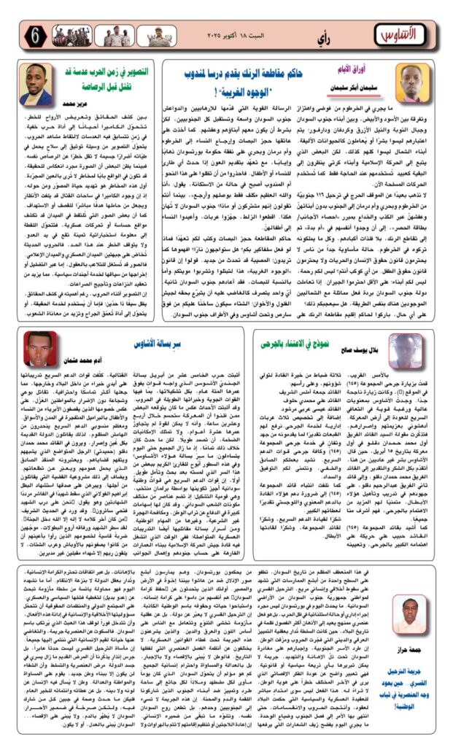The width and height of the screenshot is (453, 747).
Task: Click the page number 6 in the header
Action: [x=35, y=34]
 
